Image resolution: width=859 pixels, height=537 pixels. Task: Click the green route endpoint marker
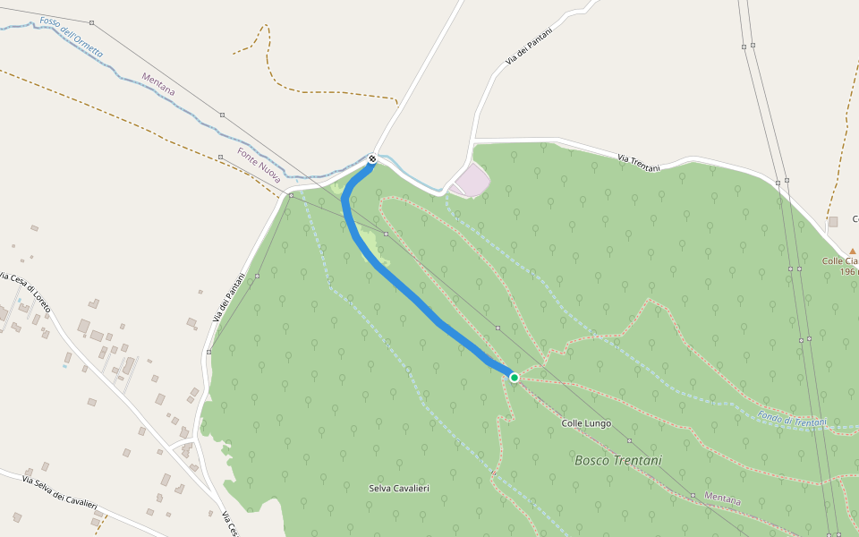click(x=515, y=378)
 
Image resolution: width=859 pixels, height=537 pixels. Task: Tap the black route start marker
click(x=372, y=159)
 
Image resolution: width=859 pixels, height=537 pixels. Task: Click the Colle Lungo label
click(x=586, y=422)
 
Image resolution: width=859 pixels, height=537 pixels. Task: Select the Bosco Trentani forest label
click(x=618, y=460)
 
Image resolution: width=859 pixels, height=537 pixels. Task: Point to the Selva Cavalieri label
click(x=399, y=488)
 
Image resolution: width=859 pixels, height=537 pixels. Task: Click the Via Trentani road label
click(x=639, y=162)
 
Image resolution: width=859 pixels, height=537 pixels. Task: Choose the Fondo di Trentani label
click(x=791, y=419)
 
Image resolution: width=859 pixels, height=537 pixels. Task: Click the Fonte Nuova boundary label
click(x=259, y=166)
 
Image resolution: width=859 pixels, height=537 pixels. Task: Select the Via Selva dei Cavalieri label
click(x=59, y=493)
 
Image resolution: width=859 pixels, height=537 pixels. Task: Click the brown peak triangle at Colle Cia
click(x=852, y=251)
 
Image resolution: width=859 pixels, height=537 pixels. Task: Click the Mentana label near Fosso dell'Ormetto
click(x=158, y=84)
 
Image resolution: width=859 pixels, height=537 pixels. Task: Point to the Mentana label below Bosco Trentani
click(x=722, y=498)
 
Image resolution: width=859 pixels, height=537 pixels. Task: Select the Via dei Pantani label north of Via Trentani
click(x=529, y=46)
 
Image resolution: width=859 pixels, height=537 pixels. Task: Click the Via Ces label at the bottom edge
click(x=229, y=524)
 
